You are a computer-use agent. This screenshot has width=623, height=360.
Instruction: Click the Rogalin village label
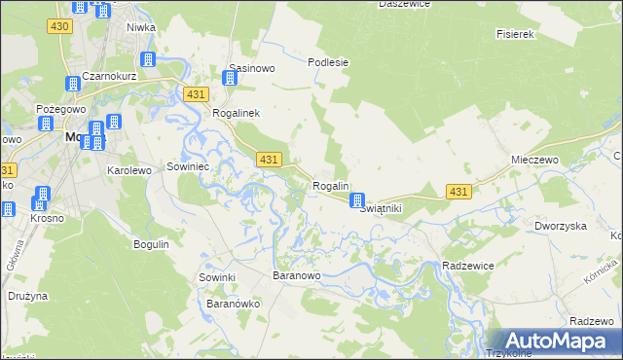tap(330, 186)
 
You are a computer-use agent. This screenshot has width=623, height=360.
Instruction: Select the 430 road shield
tap(57, 25)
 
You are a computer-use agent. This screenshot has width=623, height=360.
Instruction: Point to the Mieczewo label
tap(532, 159)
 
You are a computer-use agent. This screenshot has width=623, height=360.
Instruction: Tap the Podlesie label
tap(328, 62)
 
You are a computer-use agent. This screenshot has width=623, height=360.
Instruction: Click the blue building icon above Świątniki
tap(357, 199)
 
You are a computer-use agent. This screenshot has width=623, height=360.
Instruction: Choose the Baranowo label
tap(296, 276)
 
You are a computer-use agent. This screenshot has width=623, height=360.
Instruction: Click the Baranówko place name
tap(233, 304)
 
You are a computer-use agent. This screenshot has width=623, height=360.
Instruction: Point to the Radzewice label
tap(469, 266)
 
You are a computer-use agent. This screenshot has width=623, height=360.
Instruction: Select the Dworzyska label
tap(560, 226)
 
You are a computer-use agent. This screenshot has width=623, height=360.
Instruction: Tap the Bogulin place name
tap(151, 243)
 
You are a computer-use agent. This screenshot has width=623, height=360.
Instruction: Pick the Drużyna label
tap(27, 295)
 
